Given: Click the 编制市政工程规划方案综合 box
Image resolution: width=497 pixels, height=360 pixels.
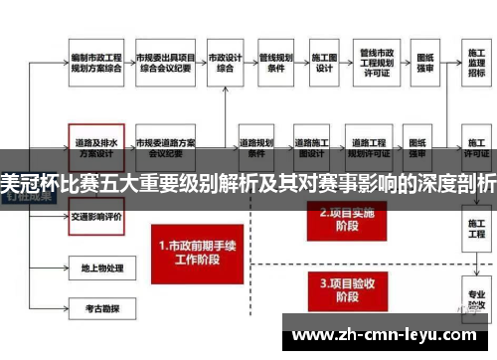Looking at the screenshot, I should click(94, 62).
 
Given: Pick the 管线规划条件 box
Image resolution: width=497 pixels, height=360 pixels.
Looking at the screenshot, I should click(274, 62).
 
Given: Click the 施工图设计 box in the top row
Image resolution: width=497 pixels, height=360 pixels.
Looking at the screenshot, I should click(324, 62).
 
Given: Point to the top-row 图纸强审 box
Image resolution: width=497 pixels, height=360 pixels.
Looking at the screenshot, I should click(426, 62).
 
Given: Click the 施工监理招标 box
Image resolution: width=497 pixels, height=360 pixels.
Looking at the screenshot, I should click(475, 62).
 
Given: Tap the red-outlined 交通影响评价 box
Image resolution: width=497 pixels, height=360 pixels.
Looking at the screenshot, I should click(95, 216).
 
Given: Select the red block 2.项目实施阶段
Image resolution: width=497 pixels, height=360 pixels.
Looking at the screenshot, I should click(338, 220).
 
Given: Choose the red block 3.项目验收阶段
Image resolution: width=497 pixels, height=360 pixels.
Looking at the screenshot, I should click(338, 288).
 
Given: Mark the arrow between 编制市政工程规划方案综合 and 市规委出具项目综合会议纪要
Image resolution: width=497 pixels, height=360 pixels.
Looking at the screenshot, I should click(128, 62).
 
